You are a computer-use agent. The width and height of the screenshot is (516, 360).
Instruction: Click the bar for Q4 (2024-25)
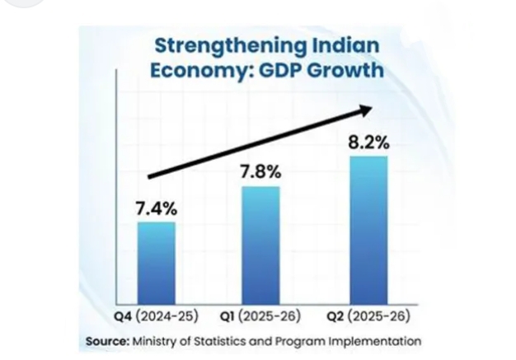point(156,263)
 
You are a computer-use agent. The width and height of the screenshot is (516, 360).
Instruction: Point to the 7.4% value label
point(156,208)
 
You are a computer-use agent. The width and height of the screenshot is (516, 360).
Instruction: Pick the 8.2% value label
point(368,143)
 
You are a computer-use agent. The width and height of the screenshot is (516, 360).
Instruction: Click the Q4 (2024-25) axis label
point(157,316)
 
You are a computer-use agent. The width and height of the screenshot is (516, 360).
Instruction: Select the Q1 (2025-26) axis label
point(262,316)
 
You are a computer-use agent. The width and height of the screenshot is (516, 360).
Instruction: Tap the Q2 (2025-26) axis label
point(369,316)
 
